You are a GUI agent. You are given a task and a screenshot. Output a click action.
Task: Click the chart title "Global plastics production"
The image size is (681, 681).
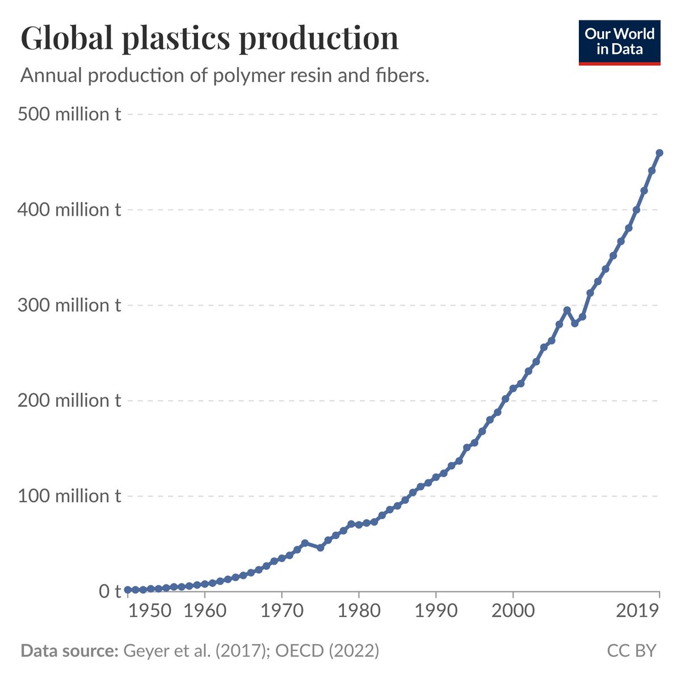[x=209, y=39]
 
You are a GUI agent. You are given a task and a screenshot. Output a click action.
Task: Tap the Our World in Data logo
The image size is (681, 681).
[x=619, y=43]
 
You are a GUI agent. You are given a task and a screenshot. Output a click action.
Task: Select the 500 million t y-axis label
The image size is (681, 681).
[x=69, y=114]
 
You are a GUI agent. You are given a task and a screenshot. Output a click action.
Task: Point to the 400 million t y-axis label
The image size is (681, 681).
[x=69, y=210]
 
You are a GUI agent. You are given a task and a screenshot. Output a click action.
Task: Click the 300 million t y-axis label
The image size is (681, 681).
[x=69, y=305]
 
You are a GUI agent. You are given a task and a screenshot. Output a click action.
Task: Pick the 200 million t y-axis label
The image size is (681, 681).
[x=69, y=401]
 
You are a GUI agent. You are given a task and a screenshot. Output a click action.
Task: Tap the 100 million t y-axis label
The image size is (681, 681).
[x=69, y=496]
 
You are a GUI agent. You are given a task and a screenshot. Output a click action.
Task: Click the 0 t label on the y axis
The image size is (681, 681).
[x=110, y=591]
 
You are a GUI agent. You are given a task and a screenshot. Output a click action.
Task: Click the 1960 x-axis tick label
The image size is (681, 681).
[x=204, y=611]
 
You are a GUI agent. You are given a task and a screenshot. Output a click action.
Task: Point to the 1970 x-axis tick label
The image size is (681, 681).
[x=281, y=611]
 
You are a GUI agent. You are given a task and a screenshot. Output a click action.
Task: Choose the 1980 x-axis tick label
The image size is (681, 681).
[x=359, y=611]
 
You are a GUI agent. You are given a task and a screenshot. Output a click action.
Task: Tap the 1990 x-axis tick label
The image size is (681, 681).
[x=436, y=611]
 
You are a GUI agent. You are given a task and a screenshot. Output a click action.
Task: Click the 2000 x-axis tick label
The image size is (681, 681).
[x=513, y=611]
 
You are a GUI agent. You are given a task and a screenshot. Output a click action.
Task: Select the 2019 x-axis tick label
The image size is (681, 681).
[x=638, y=611]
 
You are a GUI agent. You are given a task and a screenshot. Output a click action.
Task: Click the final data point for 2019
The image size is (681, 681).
[x=659, y=153]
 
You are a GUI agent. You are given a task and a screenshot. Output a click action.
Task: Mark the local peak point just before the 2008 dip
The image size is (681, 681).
[x=566, y=310]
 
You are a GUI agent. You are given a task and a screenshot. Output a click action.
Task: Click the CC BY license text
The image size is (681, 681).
[x=632, y=650]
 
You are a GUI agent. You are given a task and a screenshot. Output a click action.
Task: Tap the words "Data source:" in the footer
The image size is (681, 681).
[x=69, y=650]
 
